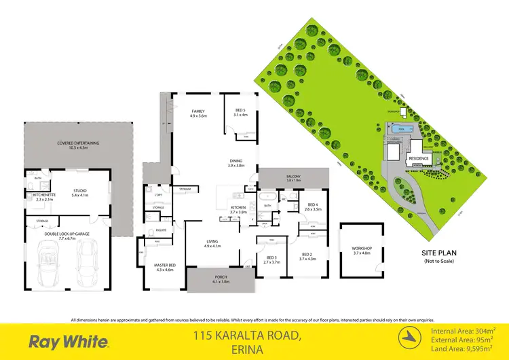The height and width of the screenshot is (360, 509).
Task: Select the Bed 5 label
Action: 240,112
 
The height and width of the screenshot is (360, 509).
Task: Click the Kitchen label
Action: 237,209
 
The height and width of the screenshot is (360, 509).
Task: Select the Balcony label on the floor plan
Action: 293,178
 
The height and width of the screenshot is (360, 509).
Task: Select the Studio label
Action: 80,192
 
